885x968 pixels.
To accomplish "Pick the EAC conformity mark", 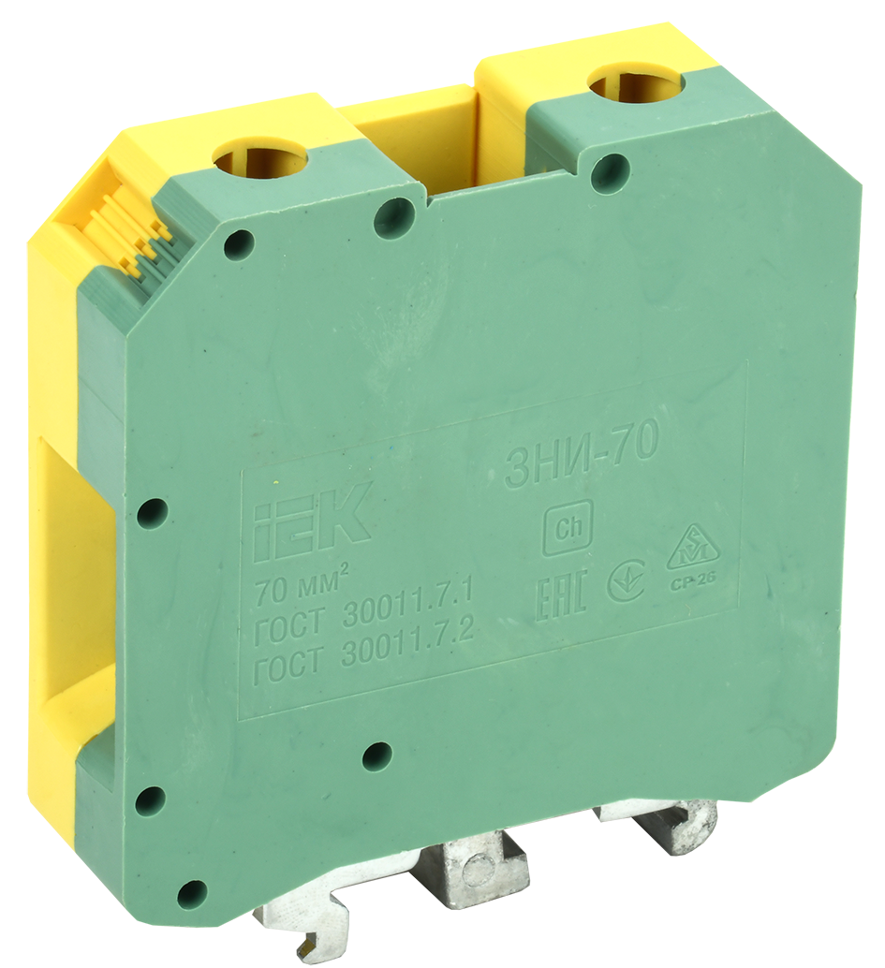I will pos(561,598).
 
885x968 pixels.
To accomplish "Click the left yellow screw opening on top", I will pos(260,159).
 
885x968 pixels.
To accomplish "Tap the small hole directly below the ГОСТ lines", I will pos(376,755).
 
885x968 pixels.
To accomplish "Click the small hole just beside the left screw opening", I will pos(394,217).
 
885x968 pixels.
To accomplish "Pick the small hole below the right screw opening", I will pos(611,172).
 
